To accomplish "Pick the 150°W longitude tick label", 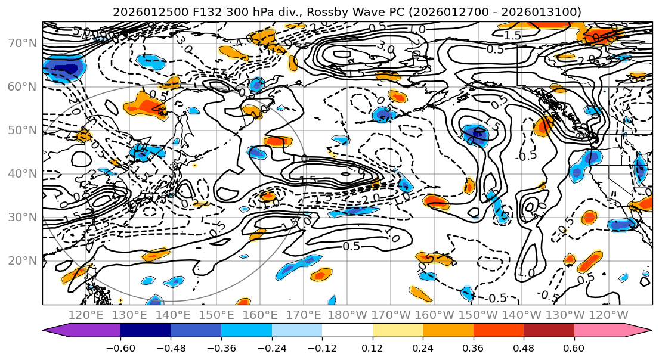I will click(478, 315).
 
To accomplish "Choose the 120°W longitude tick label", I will click(609, 315).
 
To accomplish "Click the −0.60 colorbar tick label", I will click(120, 347).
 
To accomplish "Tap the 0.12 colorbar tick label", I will click(373, 347).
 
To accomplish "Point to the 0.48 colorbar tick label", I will click(524, 347).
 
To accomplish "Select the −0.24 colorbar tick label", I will click(271, 347).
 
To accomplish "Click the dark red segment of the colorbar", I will click(549, 331).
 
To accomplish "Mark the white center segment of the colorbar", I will click(347, 331).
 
